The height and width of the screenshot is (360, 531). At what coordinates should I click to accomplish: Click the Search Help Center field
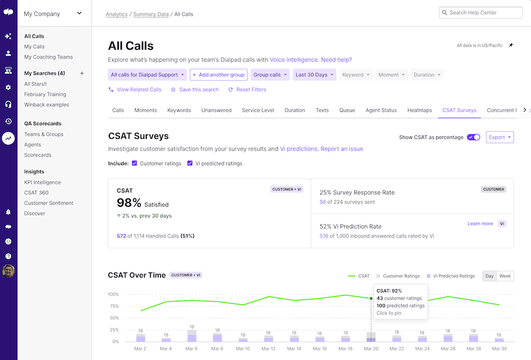pyautogui.click(x=481, y=12)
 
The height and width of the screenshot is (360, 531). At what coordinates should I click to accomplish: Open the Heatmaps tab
pyautogui.click(x=419, y=111)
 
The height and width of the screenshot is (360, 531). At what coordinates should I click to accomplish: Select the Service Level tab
pyautogui.click(x=258, y=111)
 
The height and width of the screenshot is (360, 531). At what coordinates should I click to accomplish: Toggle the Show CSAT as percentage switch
pyautogui.click(x=474, y=137)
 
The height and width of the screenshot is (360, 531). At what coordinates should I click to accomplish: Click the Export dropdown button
pyautogui.click(x=500, y=137)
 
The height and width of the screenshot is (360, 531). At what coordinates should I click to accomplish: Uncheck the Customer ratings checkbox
pyautogui.click(x=135, y=164)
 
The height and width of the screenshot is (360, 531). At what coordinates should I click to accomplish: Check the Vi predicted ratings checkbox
pyautogui.click(x=191, y=164)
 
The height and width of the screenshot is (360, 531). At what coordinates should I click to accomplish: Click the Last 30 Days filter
pyautogui.click(x=314, y=75)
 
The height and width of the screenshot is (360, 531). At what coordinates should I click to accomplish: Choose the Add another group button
pyautogui.click(x=219, y=75)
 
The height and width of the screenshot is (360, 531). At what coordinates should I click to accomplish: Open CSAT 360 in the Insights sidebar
pyautogui.click(x=36, y=192)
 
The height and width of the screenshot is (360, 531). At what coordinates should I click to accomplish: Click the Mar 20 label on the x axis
pyautogui.click(x=371, y=349)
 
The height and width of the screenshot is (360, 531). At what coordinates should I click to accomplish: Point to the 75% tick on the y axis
pyautogui.click(x=113, y=306)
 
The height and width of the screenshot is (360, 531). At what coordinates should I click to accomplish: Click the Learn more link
pyautogui.click(x=480, y=223)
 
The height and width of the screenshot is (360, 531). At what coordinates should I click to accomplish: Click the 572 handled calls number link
pyautogui.click(x=121, y=236)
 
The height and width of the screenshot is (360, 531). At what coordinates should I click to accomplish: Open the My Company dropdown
pyautogui.click(x=53, y=13)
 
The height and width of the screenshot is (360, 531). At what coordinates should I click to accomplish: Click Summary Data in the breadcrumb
pyautogui.click(x=151, y=14)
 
